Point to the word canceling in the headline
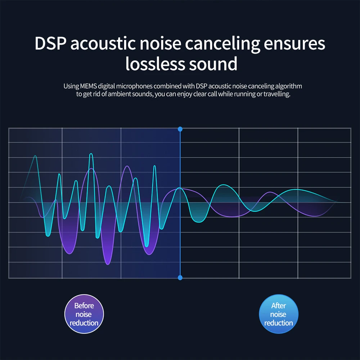(x=224, y=44)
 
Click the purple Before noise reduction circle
(x=84, y=314)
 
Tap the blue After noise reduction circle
(x=279, y=314)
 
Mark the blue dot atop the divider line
(x=180, y=129)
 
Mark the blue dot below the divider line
(x=180, y=278)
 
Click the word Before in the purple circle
(x=84, y=306)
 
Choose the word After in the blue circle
(x=279, y=306)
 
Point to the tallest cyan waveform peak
(x=91, y=154)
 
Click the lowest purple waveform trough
(x=108, y=264)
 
